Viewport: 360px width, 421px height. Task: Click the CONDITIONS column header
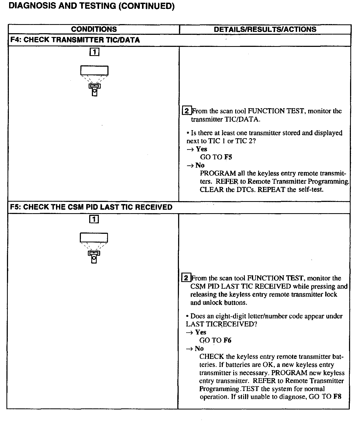click(x=94, y=29)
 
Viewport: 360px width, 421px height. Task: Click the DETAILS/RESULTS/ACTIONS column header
click(x=265, y=29)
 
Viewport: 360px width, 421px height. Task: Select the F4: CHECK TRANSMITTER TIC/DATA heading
click(x=75, y=40)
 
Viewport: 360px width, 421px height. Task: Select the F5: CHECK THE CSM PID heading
click(x=91, y=207)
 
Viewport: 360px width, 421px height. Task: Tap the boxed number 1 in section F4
click(x=94, y=52)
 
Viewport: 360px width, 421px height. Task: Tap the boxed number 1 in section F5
click(x=94, y=219)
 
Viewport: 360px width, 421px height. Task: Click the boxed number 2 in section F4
click(x=187, y=111)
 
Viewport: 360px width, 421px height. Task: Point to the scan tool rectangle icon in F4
click(x=94, y=70)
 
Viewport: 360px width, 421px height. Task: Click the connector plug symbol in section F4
click(x=94, y=89)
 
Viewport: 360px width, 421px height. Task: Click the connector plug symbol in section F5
click(x=94, y=257)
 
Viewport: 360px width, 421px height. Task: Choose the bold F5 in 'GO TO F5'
click(x=228, y=157)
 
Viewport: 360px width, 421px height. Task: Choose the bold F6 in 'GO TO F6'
click(x=227, y=340)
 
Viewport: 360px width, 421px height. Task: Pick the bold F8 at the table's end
click(x=337, y=397)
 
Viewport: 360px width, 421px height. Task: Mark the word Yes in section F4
click(x=201, y=149)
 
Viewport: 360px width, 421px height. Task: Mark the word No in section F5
click(x=199, y=348)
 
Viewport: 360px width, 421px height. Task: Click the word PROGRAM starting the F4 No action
click(x=218, y=173)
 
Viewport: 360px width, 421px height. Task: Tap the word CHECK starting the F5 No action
click(x=212, y=356)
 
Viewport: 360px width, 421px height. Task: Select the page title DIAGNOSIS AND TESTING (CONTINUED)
click(x=92, y=6)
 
